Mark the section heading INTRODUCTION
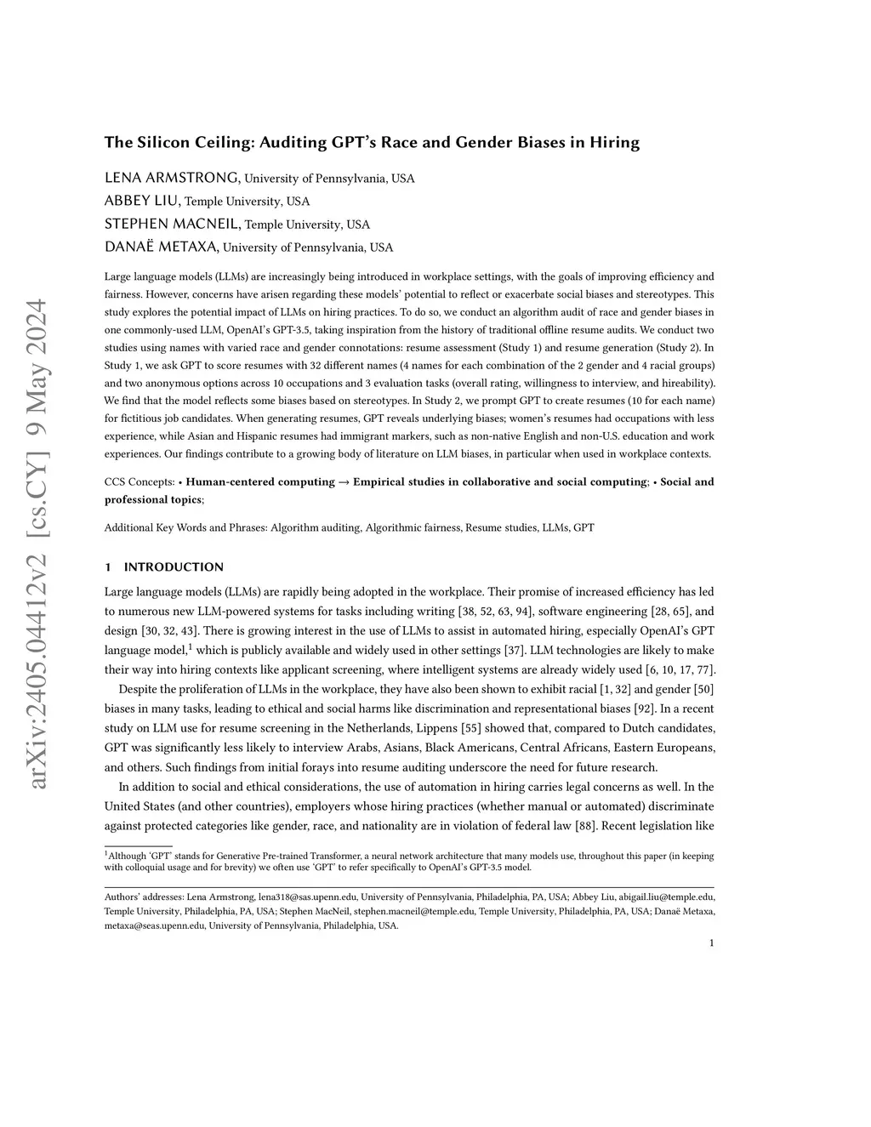click(x=174, y=567)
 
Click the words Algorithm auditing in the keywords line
click(x=315, y=528)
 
